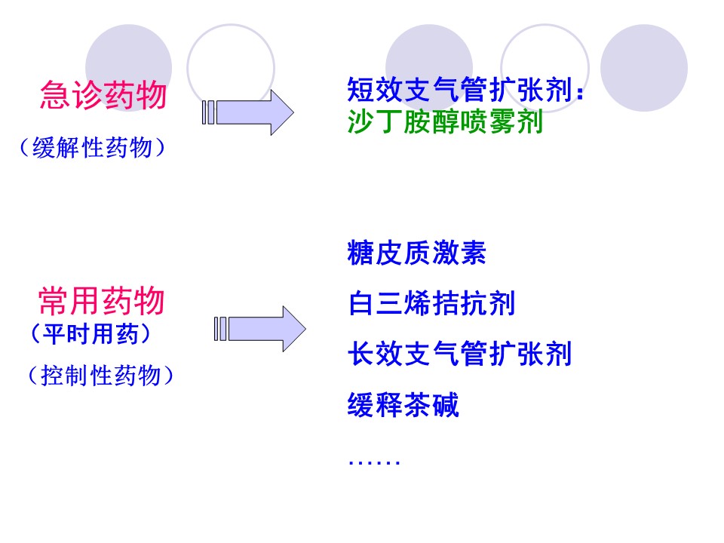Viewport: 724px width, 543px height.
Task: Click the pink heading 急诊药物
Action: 103,96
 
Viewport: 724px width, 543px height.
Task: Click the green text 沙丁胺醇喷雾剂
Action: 445,121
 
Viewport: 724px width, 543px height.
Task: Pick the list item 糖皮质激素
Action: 417,253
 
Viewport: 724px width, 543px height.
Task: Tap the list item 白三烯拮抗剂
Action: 431,304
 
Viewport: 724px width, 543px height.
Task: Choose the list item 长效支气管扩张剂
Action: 459,354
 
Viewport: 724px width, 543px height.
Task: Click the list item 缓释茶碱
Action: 403,406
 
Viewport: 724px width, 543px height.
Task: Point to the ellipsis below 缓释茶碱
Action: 374,459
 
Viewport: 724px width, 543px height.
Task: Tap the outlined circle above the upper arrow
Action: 230,66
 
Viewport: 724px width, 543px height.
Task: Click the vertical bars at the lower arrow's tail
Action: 221,328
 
